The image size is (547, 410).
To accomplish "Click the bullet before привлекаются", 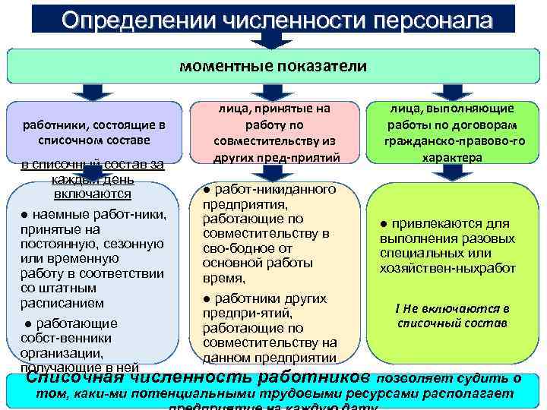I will point(384,224).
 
